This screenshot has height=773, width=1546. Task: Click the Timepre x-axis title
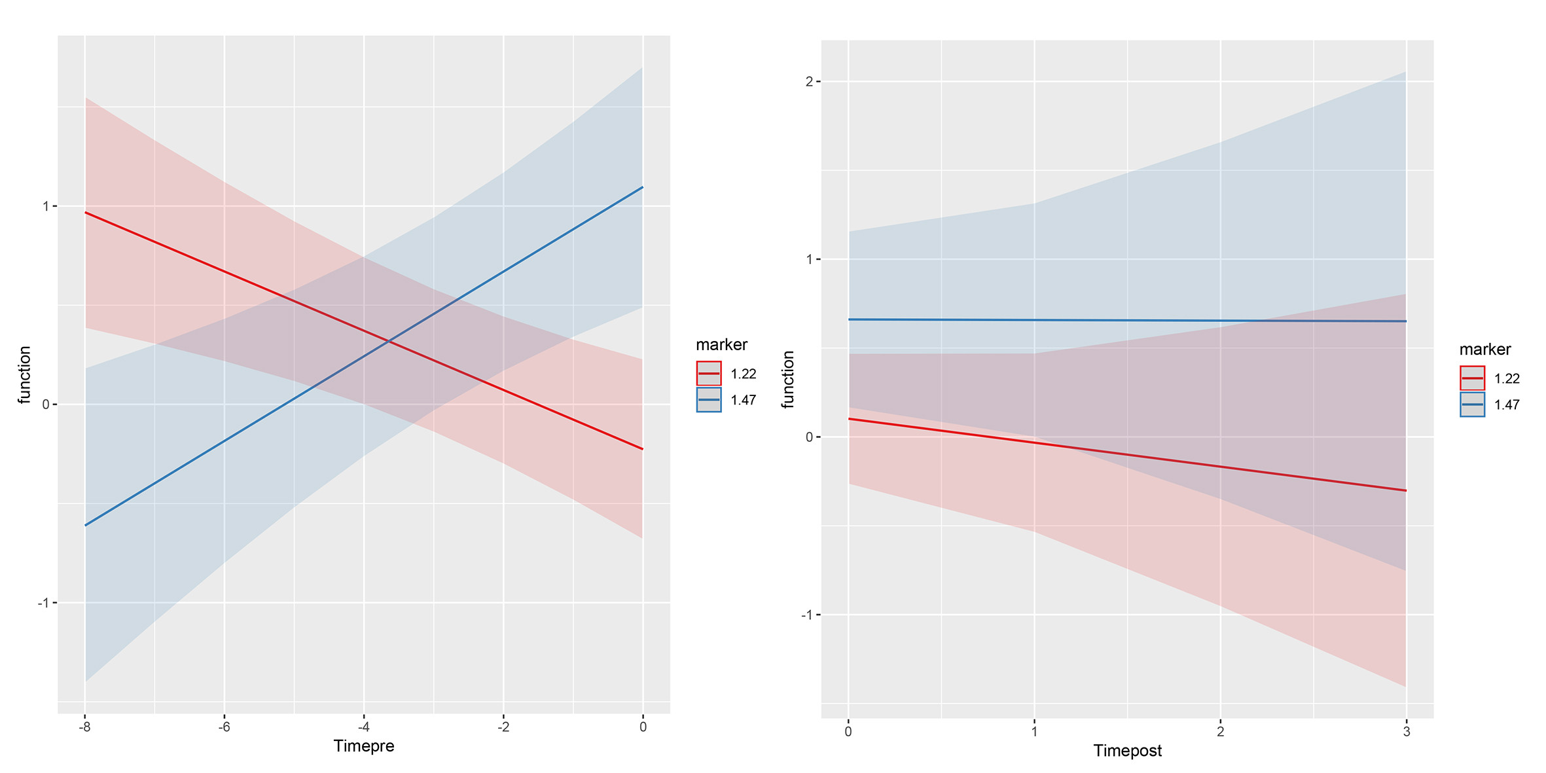(363, 746)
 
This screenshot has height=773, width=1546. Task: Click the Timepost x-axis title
(1127, 751)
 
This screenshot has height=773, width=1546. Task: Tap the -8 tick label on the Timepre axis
(84, 727)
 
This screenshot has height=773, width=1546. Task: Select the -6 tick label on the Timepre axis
(224, 727)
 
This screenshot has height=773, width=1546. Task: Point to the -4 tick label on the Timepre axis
(363, 727)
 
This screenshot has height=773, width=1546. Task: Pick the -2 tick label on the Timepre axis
(503, 727)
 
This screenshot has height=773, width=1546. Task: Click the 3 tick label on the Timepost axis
(1406, 732)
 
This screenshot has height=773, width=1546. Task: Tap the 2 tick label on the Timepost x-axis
(1220, 732)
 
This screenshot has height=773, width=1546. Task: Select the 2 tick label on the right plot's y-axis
(809, 82)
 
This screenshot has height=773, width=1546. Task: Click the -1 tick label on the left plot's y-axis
(44, 603)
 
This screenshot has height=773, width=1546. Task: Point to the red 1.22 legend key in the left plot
(709, 374)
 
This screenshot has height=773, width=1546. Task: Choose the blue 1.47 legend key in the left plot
(709, 400)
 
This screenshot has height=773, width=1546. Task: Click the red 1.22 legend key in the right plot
(1472, 378)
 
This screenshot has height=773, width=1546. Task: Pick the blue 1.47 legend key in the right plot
(1472, 404)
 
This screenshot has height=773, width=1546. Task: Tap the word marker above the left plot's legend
(721, 345)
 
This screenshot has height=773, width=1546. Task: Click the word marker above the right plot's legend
(1484, 350)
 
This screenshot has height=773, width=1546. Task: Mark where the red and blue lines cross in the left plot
(389, 341)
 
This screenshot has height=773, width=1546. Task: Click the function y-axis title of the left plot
(25, 375)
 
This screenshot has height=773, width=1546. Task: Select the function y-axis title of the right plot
(788, 380)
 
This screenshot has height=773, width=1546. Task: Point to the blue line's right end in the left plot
(642, 188)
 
